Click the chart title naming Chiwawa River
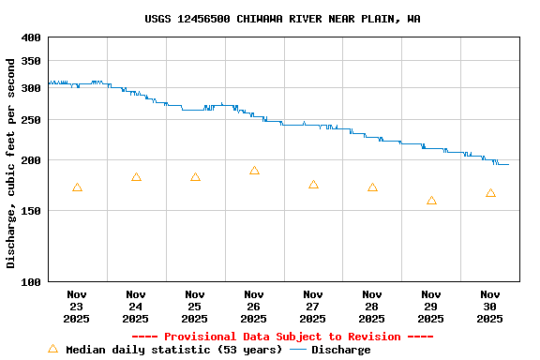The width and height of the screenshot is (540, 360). (282, 19)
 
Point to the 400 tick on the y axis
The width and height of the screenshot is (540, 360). (31, 37)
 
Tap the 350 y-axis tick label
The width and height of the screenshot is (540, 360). (31, 61)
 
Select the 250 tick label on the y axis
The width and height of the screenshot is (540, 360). (31, 120)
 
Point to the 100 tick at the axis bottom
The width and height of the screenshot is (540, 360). (31, 281)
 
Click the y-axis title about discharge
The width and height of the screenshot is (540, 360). (11, 163)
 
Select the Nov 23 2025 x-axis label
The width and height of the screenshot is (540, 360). (77, 307)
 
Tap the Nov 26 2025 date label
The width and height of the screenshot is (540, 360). (254, 307)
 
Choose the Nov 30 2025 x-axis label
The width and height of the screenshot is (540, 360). (490, 307)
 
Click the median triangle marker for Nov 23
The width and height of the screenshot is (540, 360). (77, 187)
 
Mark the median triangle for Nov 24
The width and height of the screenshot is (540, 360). (136, 177)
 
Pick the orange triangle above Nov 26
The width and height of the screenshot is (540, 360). (254, 171)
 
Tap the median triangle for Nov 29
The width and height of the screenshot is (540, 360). (431, 201)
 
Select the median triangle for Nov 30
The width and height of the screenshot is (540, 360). (490, 193)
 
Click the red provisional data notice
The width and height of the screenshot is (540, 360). (282, 337)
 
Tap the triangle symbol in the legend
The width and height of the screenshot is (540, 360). (52, 349)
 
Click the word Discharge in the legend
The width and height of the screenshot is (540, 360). (340, 350)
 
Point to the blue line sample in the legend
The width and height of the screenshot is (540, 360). (298, 350)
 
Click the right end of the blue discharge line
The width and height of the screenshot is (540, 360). (508, 164)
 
